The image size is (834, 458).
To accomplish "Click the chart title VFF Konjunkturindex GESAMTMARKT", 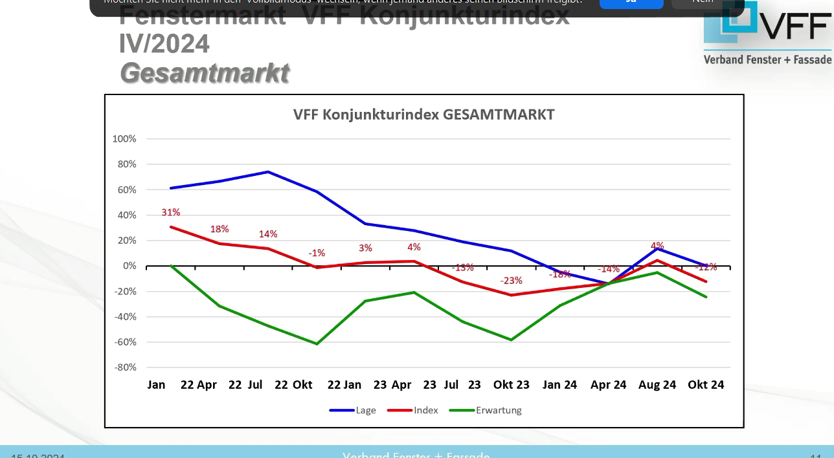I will point(424,114).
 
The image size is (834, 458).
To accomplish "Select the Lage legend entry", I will point(365,410).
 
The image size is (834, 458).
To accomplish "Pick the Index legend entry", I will point(425,410).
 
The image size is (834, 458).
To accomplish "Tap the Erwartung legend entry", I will point(498,410).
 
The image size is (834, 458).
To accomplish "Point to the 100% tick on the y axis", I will point(124,139).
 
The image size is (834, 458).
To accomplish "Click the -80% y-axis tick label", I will point(124,367).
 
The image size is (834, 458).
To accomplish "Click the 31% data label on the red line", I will point(171,212).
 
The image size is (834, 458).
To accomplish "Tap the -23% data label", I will point(511,281).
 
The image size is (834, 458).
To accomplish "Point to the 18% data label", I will point(220,229).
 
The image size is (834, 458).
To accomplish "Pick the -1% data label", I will point(317,253).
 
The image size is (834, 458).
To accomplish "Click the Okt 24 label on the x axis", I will point(706,385).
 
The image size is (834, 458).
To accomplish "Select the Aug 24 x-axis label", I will point(657,385).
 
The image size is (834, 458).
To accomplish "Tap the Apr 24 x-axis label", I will point(609,385).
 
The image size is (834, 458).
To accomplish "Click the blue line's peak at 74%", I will point(268,172).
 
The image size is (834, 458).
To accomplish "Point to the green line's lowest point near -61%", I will point(317,343).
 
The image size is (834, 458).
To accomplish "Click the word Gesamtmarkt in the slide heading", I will point(205,73).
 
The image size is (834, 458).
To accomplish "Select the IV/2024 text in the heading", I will point(164,44).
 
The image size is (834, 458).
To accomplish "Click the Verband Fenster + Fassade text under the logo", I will point(767,60).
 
